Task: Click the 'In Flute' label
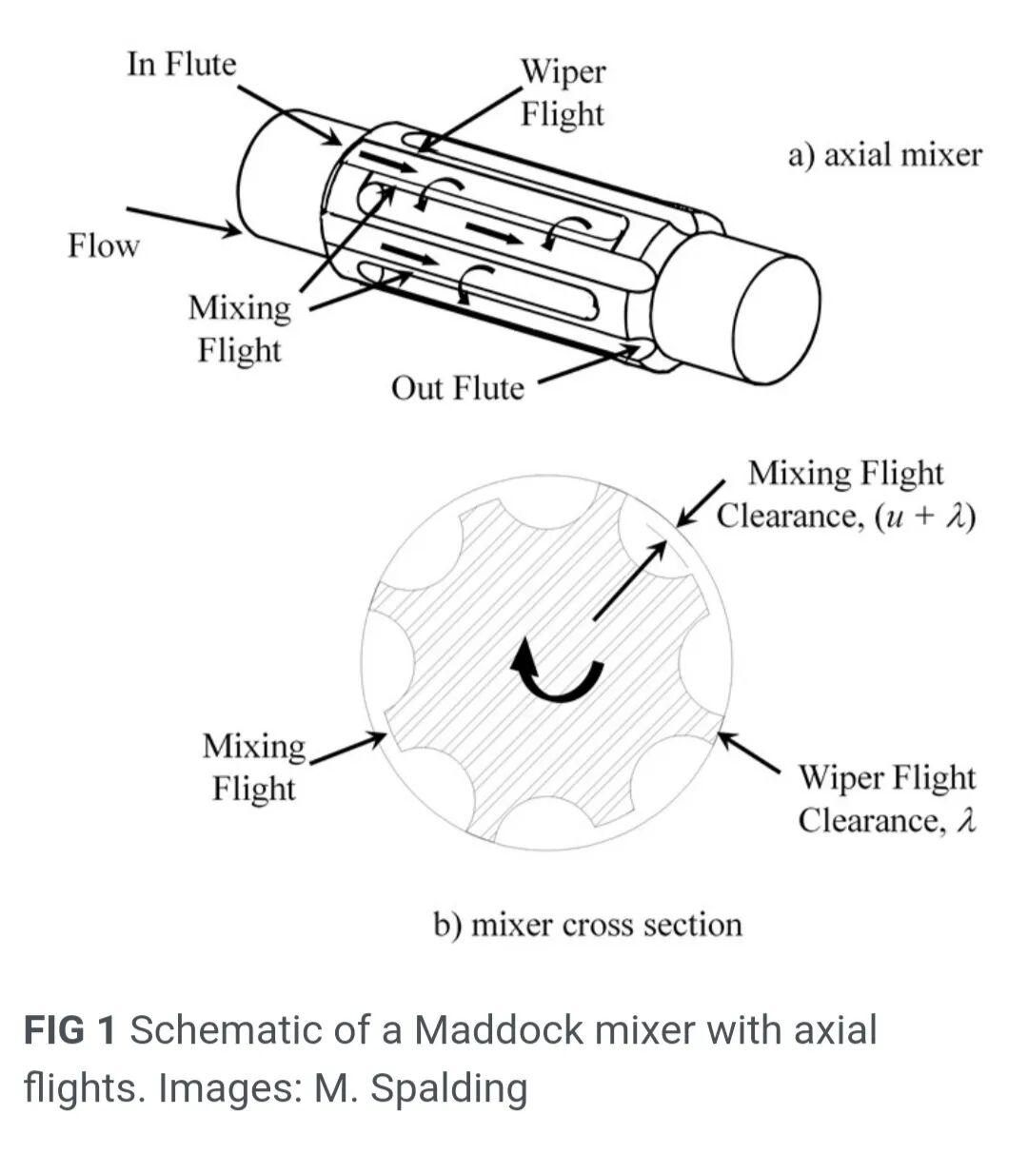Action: click(x=181, y=65)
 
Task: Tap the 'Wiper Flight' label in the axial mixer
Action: click(x=562, y=93)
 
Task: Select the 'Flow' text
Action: click(x=103, y=245)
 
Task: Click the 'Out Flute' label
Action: click(x=457, y=388)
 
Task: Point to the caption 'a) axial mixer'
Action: click(x=883, y=154)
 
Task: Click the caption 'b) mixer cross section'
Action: click(x=587, y=925)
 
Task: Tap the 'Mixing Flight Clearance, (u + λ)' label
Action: click(x=845, y=495)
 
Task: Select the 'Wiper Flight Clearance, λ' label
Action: click(x=886, y=799)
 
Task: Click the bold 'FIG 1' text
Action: click(x=69, y=1030)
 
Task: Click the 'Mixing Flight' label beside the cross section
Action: click(x=253, y=768)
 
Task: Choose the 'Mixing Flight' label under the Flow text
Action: click(x=239, y=329)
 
